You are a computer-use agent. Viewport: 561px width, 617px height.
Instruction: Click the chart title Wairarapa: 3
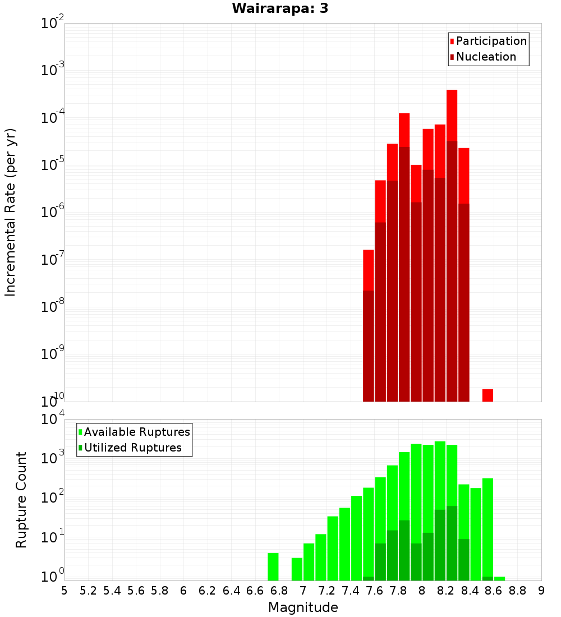click(280, 8)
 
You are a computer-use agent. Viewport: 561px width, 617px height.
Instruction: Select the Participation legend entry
click(488, 41)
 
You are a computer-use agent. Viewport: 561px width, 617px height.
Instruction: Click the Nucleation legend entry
click(483, 57)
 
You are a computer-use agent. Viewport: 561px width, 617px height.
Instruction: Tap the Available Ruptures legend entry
click(134, 432)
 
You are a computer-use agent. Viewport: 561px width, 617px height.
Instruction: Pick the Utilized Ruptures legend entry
click(130, 448)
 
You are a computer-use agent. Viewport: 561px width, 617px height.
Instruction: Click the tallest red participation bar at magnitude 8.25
click(452, 115)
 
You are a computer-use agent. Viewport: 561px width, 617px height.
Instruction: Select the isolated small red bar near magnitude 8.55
click(488, 395)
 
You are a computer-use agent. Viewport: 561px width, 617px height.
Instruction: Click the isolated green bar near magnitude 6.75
click(273, 567)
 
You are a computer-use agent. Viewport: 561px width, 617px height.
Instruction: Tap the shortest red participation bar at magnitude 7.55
click(368, 270)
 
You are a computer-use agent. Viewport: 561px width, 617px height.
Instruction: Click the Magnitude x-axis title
click(303, 607)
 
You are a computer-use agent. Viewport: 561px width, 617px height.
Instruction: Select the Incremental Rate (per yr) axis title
click(10, 213)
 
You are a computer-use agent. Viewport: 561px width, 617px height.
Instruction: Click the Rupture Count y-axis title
click(21, 500)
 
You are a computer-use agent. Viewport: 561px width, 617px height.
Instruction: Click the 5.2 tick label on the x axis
click(88, 591)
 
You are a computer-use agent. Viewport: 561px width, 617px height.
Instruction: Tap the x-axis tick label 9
click(541, 591)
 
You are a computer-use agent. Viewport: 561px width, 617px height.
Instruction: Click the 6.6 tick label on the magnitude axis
click(255, 591)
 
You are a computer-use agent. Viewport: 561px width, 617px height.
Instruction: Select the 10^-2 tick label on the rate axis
click(52, 22)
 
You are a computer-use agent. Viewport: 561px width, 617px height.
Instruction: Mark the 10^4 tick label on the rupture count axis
click(52, 418)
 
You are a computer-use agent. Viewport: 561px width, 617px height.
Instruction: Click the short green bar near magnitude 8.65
click(499, 578)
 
